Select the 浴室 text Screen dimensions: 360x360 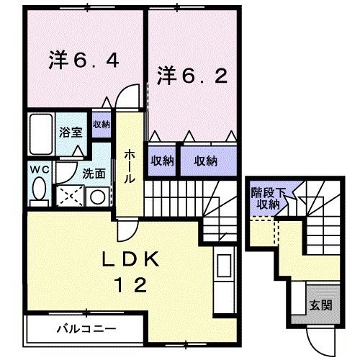[71, 132]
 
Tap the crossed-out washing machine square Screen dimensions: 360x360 [71, 195]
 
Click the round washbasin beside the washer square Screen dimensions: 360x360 [98, 196]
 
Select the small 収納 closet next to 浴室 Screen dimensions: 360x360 [101, 124]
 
